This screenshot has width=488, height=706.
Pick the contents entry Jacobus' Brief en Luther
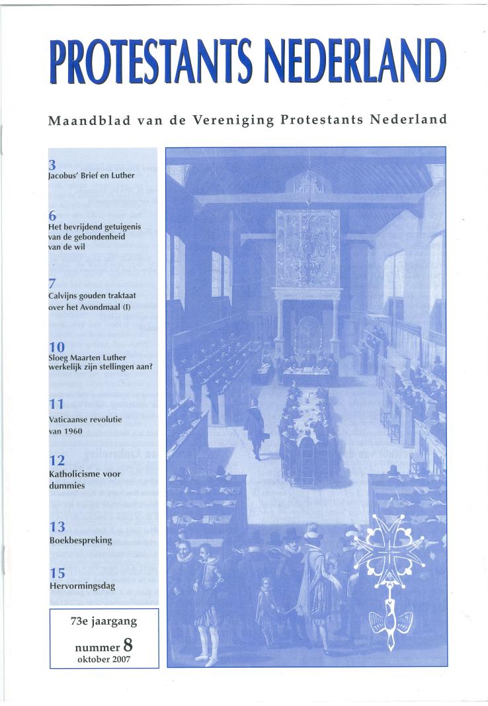[x=91, y=176]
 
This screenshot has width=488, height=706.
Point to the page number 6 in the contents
[x=52, y=216]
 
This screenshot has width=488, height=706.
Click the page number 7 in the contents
[x=52, y=284]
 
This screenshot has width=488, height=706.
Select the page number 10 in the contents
[x=56, y=347]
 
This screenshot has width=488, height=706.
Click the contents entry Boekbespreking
[x=80, y=540]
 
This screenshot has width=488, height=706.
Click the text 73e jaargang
[x=104, y=621]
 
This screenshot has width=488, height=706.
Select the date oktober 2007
[x=104, y=658]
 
